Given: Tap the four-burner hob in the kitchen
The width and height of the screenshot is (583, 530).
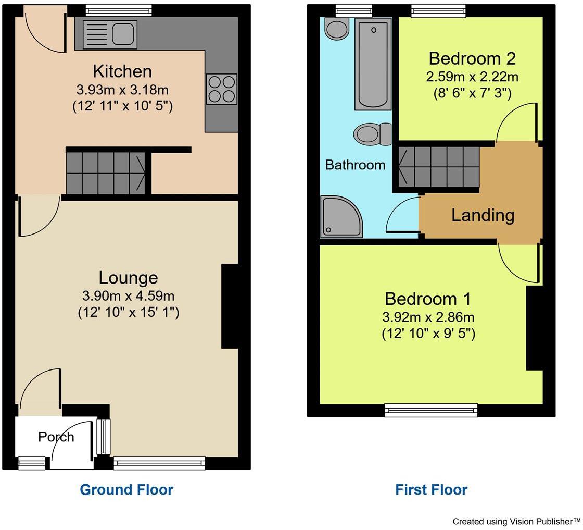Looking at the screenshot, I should pyautogui.click(x=222, y=88).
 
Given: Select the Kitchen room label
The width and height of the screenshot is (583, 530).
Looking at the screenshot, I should pyautogui.click(x=122, y=71).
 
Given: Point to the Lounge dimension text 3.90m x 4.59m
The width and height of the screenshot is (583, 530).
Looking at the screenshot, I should pyautogui.click(x=128, y=297).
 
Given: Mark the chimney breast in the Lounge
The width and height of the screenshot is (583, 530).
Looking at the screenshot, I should pyautogui.click(x=230, y=306).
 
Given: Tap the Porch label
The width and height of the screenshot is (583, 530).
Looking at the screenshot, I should pyautogui.click(x=56, y=437).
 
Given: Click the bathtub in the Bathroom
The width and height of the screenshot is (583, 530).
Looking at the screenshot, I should pyautogui.click(x=373, y=64).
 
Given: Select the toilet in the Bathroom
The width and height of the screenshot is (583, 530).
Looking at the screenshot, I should pyautogui.click(x=372, y=134).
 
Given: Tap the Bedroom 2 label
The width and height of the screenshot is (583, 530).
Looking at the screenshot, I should pyautogui.click(x=472, y=57).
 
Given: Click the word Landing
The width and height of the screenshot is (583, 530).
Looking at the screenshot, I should pyautogui.click(x=483, y=215).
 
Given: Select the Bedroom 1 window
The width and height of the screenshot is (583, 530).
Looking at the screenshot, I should pyautogui.click(x=431, y=410).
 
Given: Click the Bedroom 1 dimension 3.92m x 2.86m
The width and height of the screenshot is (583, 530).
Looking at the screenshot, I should pyautogui.click(x=428, y=317).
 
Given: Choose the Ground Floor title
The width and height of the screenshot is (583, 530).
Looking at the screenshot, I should pyautogui.click(x=126, y=490).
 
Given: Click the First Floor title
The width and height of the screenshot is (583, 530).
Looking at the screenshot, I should pyautogui.click(x=431, y=490).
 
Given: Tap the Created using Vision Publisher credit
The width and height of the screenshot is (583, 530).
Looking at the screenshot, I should pyautogui.click(x=516, y=521).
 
